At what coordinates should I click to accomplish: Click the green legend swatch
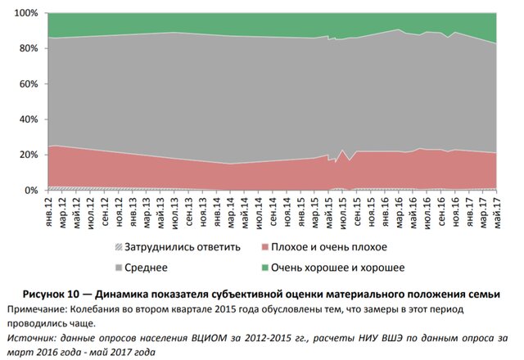[x=263, y=267]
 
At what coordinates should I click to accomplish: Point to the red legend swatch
[x=263, y=247]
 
